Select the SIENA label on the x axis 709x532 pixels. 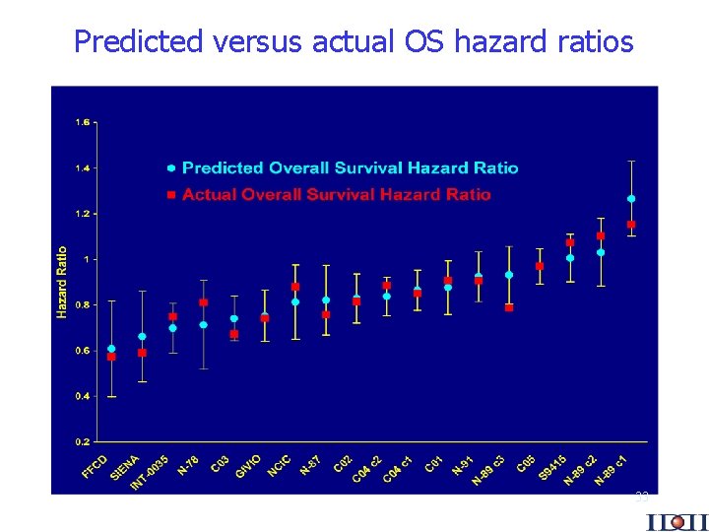pos(125,467)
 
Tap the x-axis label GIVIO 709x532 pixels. pos(248,466)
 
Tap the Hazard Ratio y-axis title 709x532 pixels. pos(62,282)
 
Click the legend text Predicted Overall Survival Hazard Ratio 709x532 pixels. pos(350,168)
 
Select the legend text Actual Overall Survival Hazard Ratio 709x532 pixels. pos(336,194)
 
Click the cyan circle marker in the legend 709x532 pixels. pos(171,168)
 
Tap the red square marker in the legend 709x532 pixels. pos(171,195)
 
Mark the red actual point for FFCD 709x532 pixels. pos(111,357)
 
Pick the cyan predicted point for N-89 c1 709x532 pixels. pos(631,199)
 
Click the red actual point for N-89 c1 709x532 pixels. pos(631,225)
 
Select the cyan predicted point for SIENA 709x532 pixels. pos(142,337)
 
